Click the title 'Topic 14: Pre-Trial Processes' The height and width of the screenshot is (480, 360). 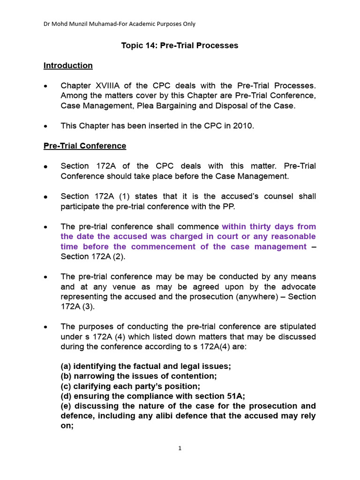pos(180,45)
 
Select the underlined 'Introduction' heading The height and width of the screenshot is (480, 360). pos(68,66)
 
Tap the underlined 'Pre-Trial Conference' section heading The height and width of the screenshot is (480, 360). pos(85,146)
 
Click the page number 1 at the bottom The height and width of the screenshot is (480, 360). pos(180,449)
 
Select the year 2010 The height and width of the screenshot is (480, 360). pos(243,126)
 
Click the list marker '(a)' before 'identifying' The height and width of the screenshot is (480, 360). pos(67,366)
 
